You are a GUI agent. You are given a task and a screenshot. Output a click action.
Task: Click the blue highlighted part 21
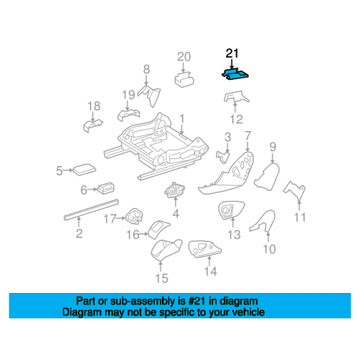(235, 74)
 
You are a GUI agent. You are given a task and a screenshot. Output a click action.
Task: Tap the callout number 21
(232, 53)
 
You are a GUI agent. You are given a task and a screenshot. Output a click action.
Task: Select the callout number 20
(184, 57)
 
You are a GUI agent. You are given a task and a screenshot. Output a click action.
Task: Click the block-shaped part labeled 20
(184, 78)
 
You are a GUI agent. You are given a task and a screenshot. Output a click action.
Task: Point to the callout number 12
(236, 120)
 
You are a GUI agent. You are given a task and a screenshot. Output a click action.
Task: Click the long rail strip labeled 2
(91, 209)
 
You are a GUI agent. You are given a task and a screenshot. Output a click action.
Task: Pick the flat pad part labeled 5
(84, 169)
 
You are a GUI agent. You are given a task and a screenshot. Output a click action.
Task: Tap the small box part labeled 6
(106, 187)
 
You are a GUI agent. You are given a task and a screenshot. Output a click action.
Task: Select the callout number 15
(162, 278)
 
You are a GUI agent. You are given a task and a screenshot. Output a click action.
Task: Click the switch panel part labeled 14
(204, 249)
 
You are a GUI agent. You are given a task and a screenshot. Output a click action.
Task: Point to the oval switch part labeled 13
(231, 210)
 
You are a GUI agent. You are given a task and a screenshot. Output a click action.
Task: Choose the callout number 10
(269, 249)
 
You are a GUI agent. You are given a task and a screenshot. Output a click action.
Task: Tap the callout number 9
(273, 147)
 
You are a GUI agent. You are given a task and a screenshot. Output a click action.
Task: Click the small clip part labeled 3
(223, 156)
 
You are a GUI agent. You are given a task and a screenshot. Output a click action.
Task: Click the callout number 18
(94, 106)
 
